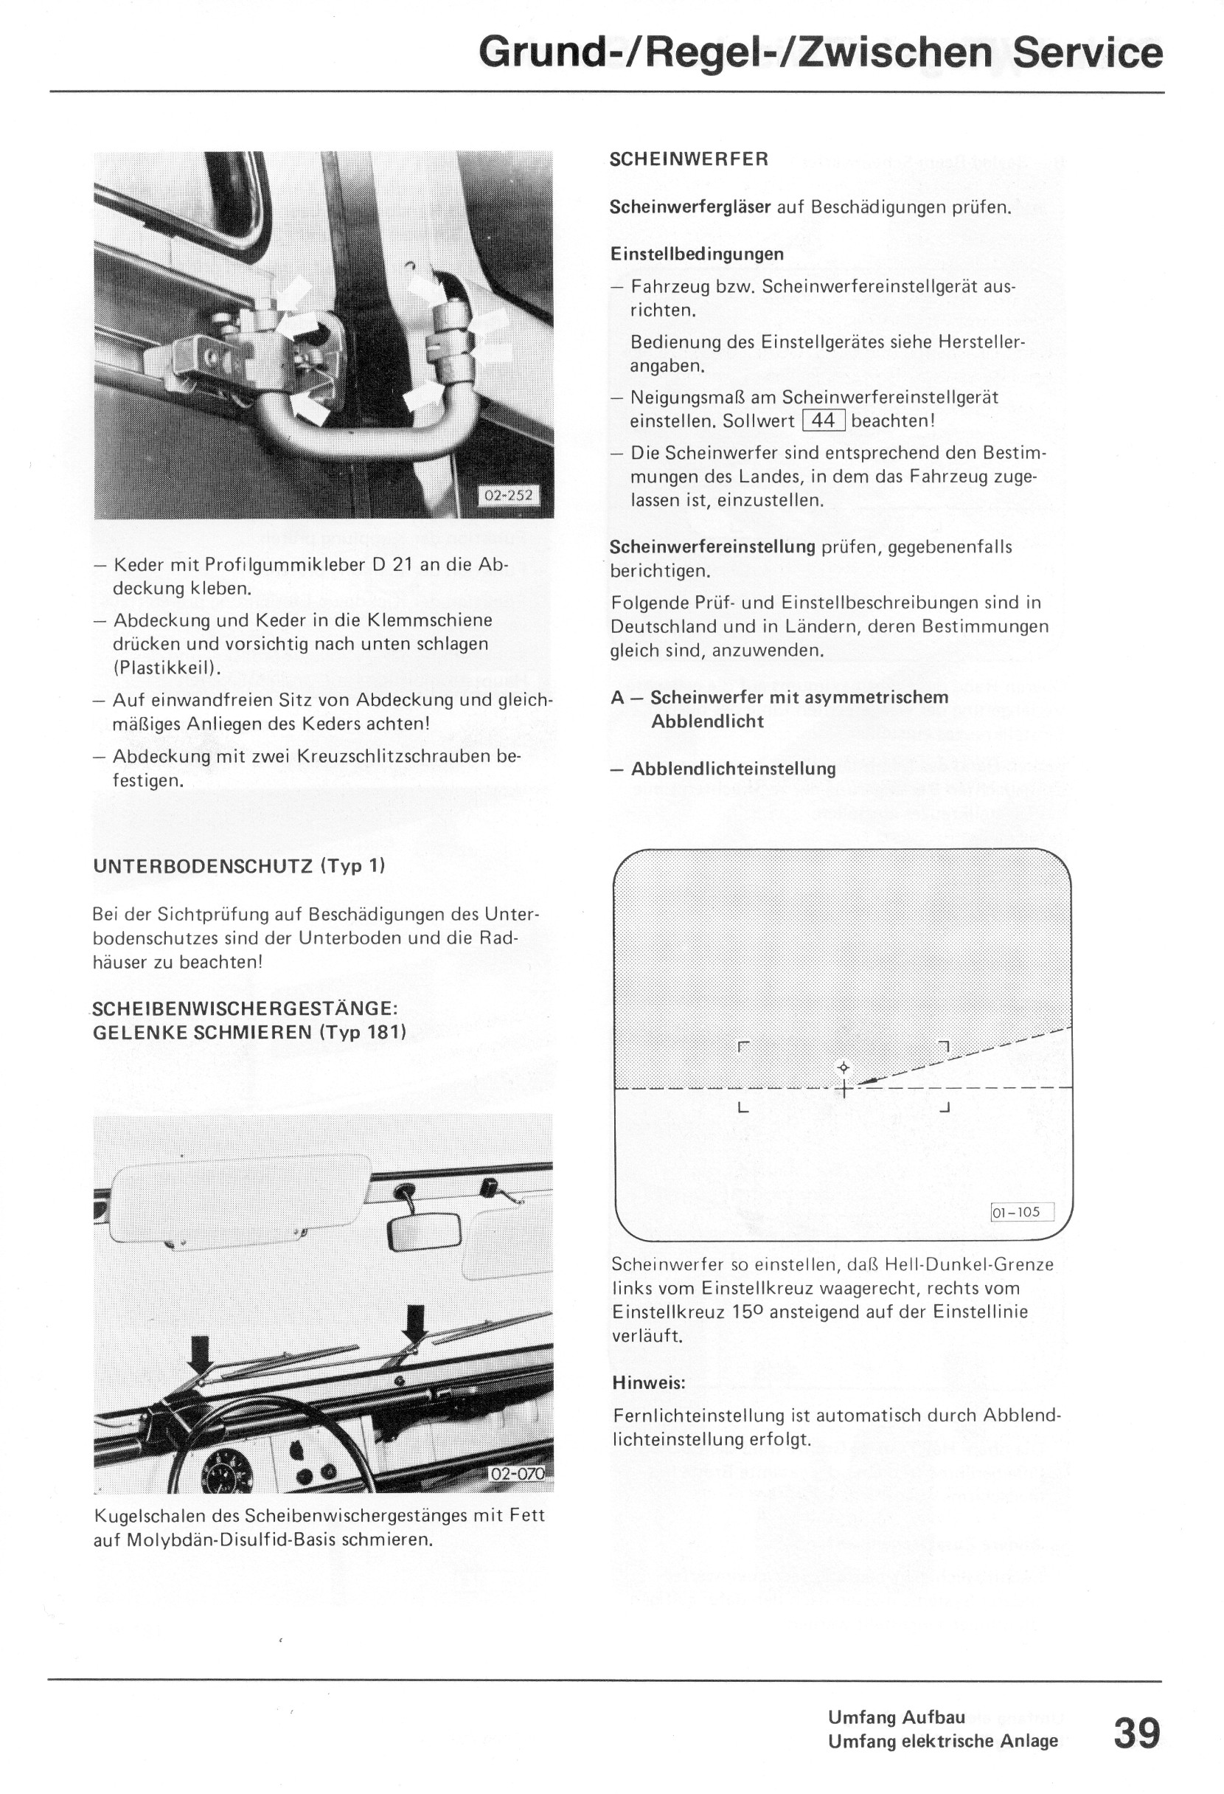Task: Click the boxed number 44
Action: tap(824, 420)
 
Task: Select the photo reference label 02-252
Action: tap(508, 495)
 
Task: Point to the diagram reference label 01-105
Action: tap(1020, 1212)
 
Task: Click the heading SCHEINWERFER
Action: tap(689, 160)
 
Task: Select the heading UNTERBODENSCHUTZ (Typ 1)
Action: tap(239, 866)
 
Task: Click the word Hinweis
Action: tap(649, 1382)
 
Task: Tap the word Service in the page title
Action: tap(1088, 52)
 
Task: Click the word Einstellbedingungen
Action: tap(696, 254)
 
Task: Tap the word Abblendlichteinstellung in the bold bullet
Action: tap(733, 769)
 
